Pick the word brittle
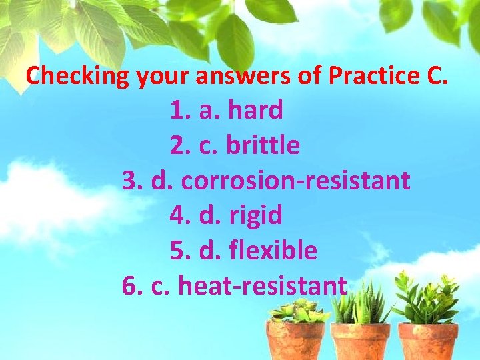263,145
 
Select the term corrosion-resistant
295,181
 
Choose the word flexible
273,251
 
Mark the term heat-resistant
263,286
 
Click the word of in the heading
309,76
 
